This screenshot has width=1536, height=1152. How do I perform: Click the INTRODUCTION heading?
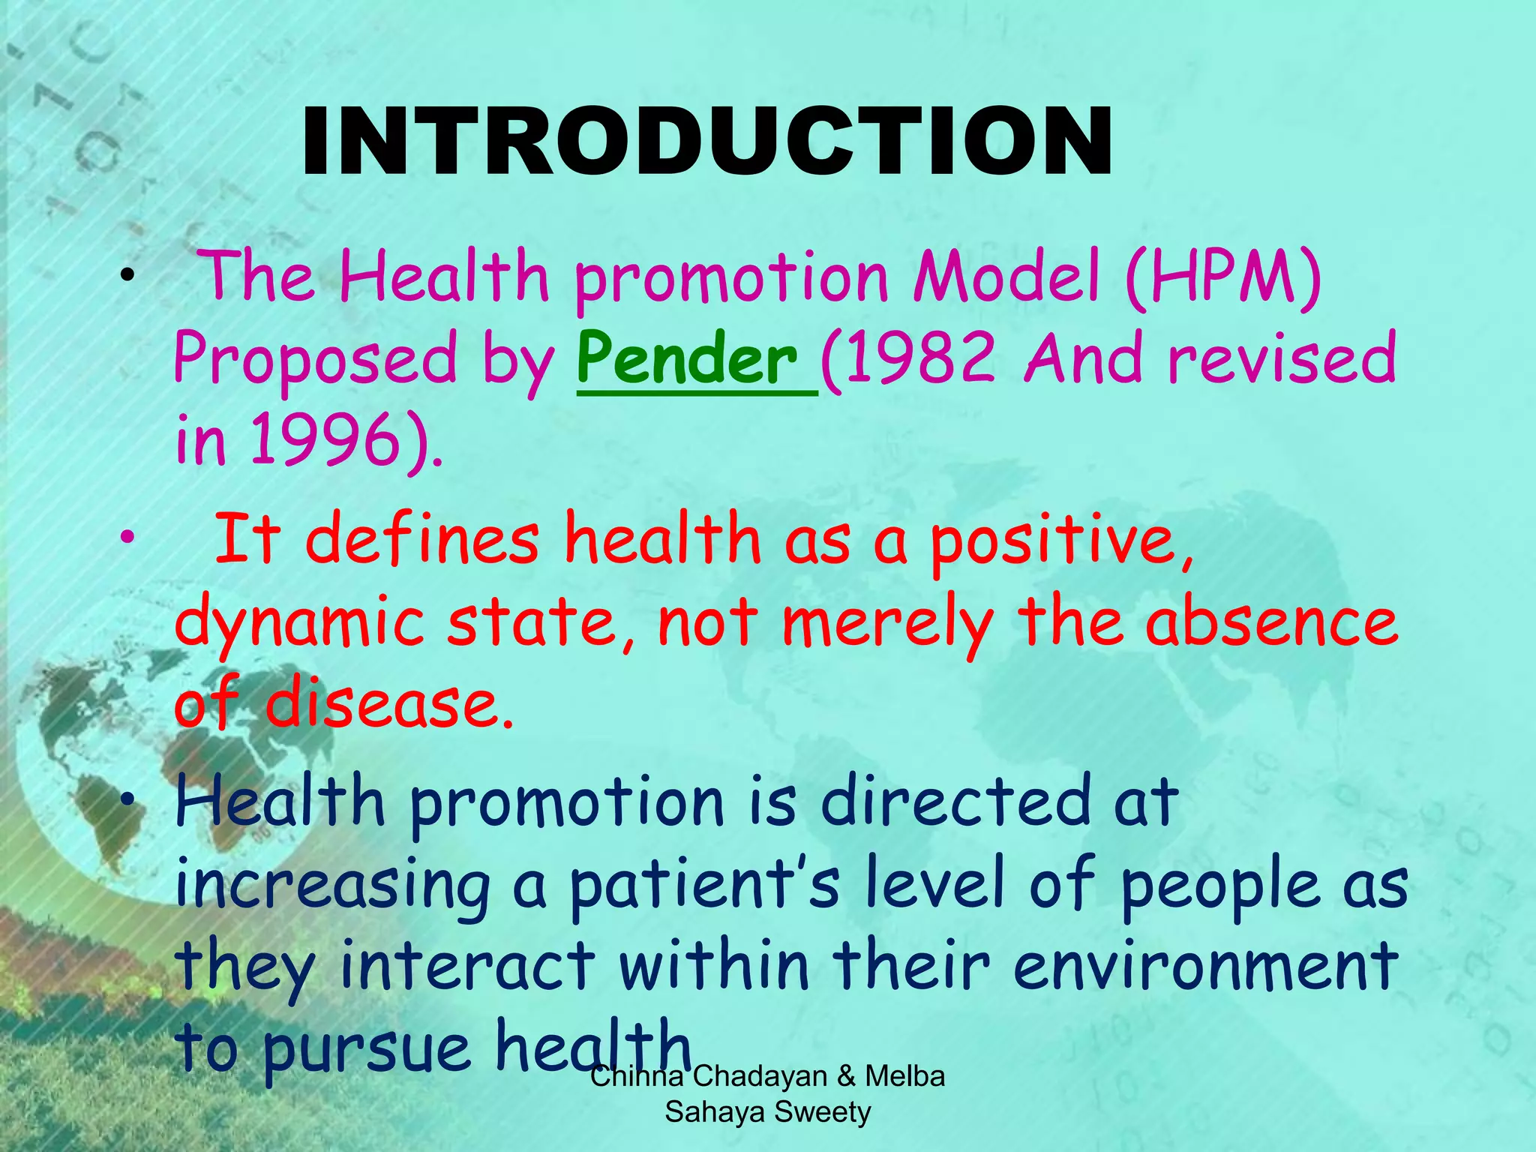706,142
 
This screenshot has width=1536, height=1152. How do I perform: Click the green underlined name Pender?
688,360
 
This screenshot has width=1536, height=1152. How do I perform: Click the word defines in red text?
421,539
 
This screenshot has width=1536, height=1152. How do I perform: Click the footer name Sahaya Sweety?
767,1111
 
